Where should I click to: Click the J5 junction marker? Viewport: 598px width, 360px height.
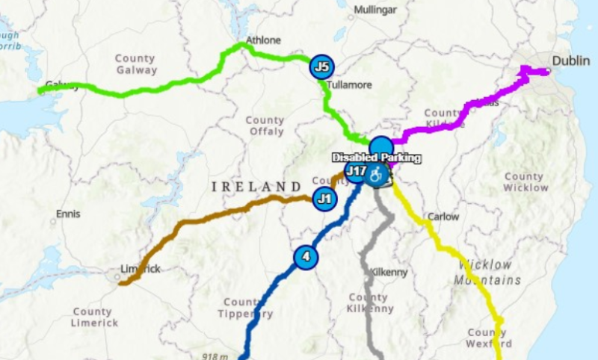click(322, 67)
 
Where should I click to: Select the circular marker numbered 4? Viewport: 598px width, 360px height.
click(305, 257)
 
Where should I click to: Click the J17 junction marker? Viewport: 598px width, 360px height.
click(356, 172)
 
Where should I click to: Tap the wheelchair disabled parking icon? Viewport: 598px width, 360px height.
click(377, 175)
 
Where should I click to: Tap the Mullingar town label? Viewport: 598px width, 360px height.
click(374, 10)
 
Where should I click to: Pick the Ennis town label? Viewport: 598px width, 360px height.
click(68, 214)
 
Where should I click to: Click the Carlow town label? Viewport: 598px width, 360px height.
click(443, 217)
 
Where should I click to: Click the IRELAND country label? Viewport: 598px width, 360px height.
click(250, 186)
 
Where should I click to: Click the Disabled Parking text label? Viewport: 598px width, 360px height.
click(377, 158)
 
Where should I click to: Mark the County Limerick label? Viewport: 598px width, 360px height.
click(94, 317)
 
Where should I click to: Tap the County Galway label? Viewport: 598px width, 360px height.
click(135, 64)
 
